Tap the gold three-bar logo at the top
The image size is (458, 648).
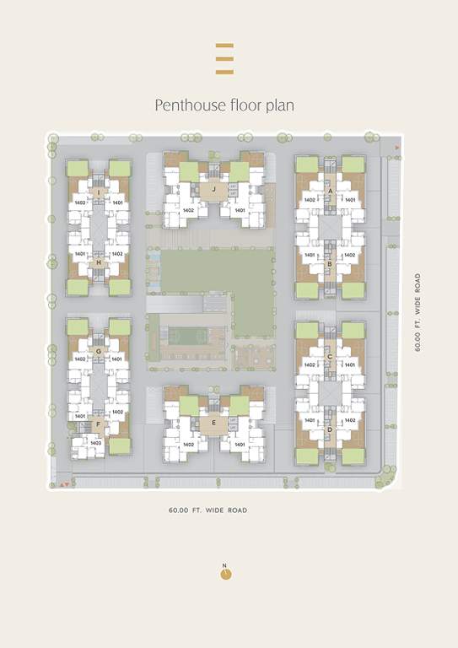224,59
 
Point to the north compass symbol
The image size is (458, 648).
225,573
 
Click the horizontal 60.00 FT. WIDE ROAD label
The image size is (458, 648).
207,510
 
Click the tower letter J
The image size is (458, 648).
214,190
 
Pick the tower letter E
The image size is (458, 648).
214,423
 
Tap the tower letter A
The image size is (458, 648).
330,192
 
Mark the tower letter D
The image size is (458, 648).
330,429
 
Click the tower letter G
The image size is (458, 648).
99,350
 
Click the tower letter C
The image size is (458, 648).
330,357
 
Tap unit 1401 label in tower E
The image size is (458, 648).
240,444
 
